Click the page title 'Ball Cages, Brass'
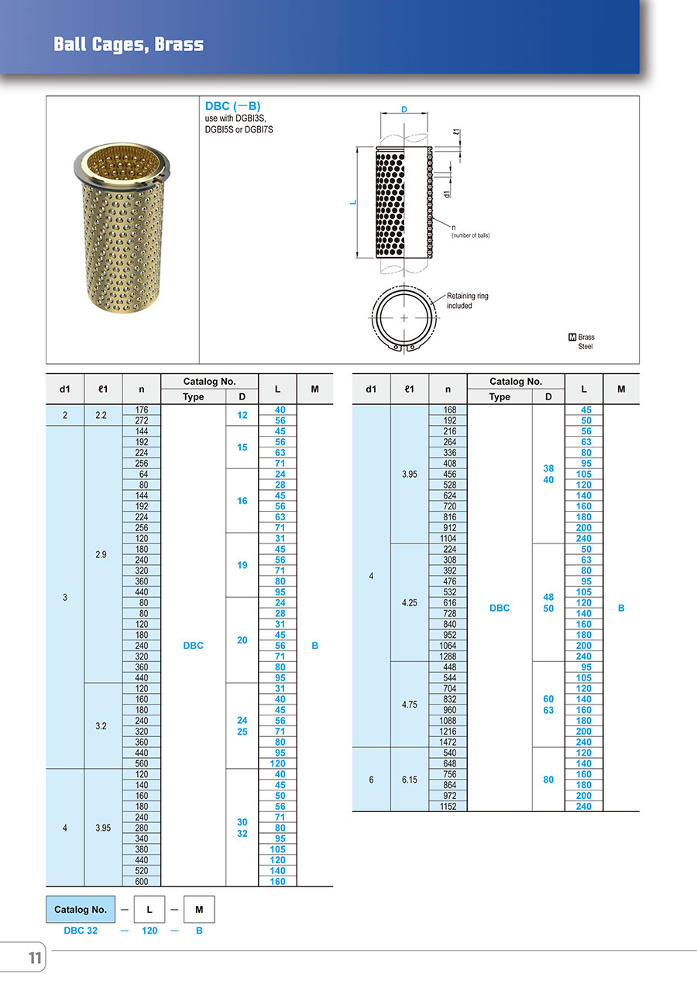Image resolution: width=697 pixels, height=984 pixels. (129, 44)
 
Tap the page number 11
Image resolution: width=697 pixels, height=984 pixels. (35, 958)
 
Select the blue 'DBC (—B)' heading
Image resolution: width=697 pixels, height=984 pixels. (232, 106)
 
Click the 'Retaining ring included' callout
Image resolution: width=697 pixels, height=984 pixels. (468, 300)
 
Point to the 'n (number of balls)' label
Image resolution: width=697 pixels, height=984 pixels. (470, 231)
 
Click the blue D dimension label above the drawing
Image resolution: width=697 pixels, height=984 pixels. (404, 109)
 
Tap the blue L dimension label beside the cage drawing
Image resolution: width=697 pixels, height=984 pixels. (353, 202)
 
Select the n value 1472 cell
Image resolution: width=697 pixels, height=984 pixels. (448, 742)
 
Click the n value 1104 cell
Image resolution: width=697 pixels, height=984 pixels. (448, 538)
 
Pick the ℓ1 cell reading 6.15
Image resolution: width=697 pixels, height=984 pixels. (410, 780)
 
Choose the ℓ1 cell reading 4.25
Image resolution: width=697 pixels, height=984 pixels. (410, 602)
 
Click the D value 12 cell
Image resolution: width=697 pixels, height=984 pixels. (242, 415)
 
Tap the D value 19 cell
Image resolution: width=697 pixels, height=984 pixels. (242, 565)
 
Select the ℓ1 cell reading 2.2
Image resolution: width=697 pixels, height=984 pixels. (101, 415)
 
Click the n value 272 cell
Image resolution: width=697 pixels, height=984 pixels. (142, 420)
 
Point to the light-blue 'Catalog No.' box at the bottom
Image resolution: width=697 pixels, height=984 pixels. (81, 910)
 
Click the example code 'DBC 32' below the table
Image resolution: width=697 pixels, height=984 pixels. (81, 931)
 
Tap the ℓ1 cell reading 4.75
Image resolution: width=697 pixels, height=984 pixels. (410, 705)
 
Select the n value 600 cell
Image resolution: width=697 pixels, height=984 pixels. (142, 881)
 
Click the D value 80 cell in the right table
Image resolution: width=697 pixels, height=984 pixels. (548, 780)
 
